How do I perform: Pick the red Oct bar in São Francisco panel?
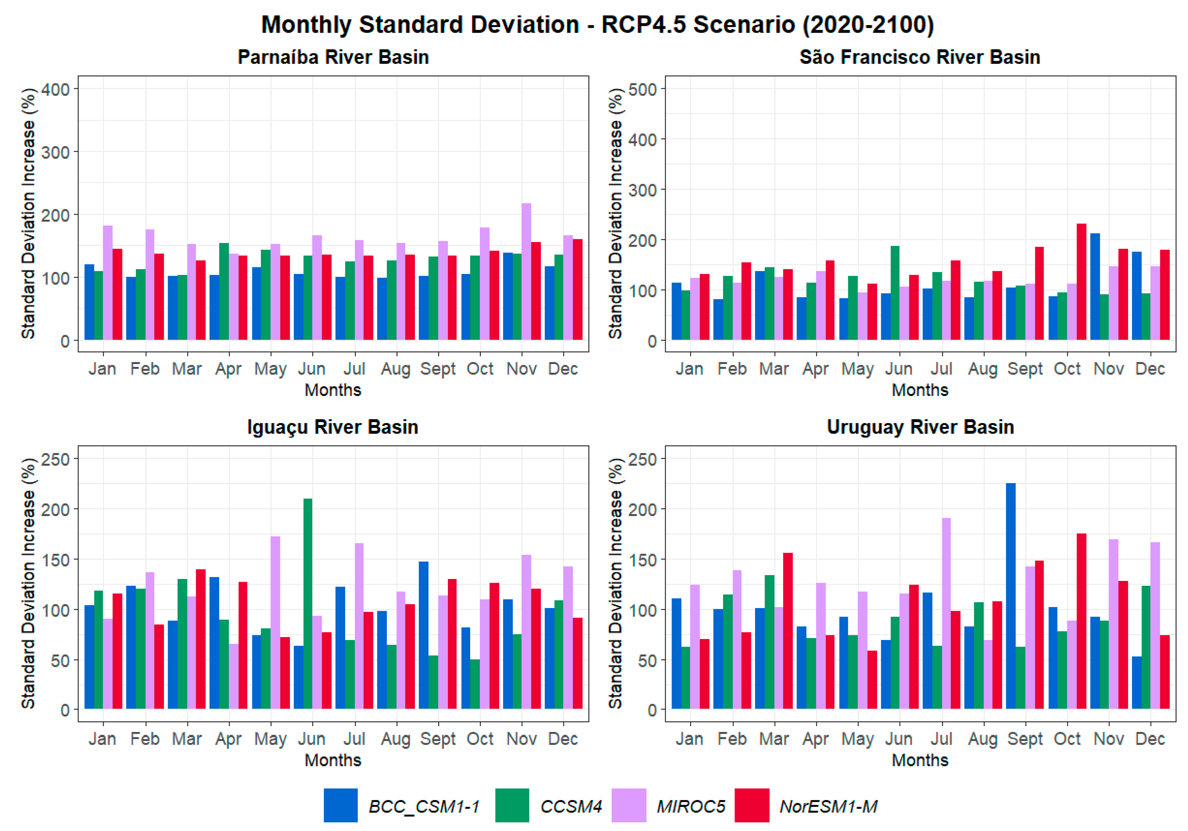coord(1081,281)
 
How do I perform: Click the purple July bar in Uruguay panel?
coord(946,613)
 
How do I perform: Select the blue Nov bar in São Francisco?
coord(1095,287)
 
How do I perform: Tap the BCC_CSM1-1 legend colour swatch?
coord(340,805)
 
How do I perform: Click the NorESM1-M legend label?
coord(828,806)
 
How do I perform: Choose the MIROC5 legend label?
coord(691,806)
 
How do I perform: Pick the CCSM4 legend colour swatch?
coord(512,805)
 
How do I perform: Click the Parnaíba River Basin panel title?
coord(333,57)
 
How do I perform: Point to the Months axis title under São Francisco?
coord(920,390)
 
